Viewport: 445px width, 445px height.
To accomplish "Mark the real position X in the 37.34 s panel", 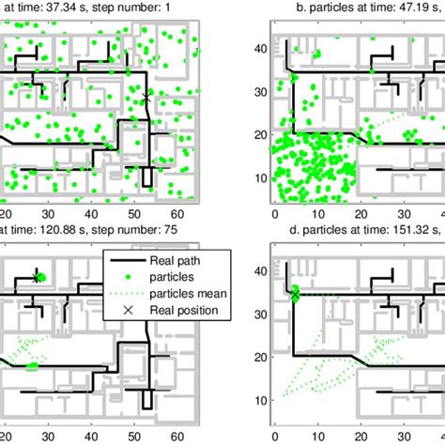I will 146,98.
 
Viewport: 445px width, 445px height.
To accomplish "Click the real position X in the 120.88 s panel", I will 37,277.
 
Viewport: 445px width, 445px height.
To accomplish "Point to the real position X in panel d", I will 294,295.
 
